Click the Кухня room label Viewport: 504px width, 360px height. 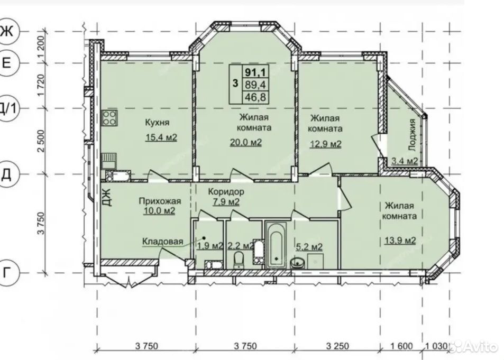(157, 123)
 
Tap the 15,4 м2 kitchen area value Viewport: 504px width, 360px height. (161, 137)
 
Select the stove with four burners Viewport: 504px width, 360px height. (109, 118)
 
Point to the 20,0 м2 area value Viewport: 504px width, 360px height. (245, 142)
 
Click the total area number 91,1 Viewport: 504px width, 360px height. (255, 72)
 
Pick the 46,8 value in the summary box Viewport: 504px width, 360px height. (255, 97)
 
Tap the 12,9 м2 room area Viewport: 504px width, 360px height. (325, 144)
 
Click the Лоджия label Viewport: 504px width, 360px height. (412, 135)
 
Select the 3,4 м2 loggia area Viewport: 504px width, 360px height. (405, 161)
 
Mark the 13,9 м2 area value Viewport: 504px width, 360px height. (400, 240)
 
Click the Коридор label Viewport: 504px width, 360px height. (226, 192)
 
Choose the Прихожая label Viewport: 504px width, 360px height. (160, 201)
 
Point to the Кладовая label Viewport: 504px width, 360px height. (163, 242)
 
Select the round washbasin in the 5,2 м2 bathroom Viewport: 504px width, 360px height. (297, 263)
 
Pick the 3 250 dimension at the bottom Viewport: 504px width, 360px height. (337, 346)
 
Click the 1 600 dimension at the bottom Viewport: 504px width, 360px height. (401, 346)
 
